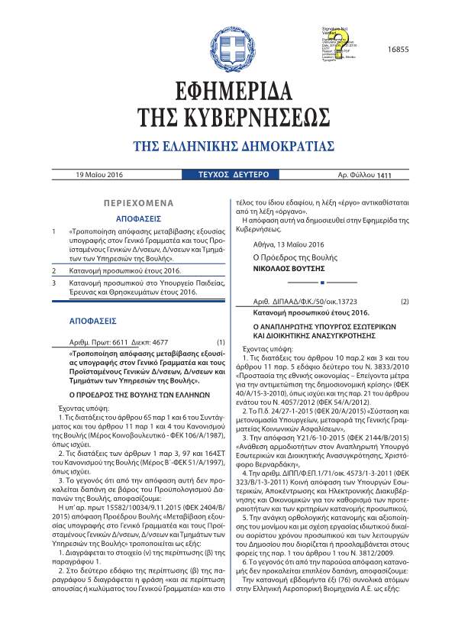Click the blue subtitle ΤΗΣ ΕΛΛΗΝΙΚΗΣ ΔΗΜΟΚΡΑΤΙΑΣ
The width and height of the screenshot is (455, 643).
[227, 147]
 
